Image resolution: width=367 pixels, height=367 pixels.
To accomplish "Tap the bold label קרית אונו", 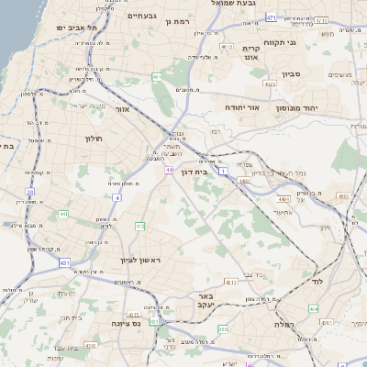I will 251,54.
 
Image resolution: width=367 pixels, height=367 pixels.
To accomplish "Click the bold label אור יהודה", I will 243,107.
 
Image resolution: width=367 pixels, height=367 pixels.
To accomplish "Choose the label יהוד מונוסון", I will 316,108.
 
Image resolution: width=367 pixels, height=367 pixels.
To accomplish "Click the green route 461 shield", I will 157,77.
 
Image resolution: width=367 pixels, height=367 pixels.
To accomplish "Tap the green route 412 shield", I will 139,226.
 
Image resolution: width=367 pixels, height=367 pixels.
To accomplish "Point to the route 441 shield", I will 63,214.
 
